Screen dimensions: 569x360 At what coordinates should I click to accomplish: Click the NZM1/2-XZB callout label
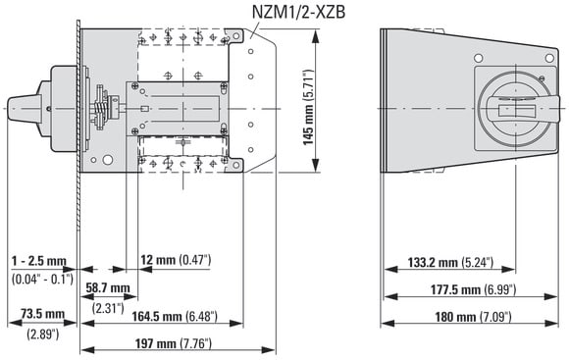pos(298,12)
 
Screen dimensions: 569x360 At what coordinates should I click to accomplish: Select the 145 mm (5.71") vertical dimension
pos(308,107)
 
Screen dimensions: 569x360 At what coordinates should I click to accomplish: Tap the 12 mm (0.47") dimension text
pos(176,260)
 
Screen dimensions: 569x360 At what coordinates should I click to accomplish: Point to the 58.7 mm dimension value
pos(108,288)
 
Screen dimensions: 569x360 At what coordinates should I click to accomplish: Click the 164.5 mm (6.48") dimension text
pos(175,316)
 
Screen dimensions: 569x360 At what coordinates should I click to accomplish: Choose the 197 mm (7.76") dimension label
pos(173,343)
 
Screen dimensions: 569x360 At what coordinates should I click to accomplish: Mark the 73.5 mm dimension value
pos(42,314)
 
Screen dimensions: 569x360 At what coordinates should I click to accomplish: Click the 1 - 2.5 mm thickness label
pos(39,261)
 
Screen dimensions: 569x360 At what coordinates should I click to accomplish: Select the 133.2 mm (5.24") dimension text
pos(450,262)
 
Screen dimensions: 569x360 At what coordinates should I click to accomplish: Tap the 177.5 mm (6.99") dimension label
pos(473,289)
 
